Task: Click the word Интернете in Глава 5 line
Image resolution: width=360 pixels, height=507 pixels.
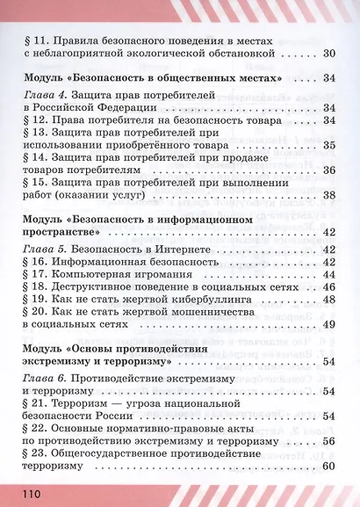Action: [x=183, y=249]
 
